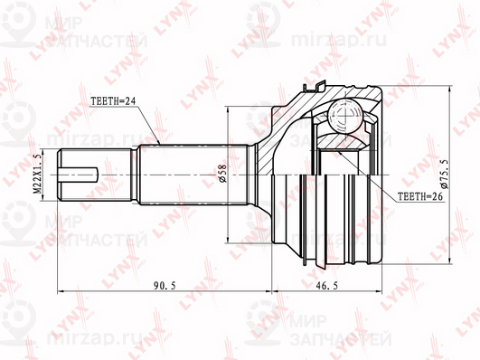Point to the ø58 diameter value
point(221,175)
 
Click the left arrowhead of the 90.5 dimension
point(60,291)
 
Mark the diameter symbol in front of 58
point(221,182)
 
